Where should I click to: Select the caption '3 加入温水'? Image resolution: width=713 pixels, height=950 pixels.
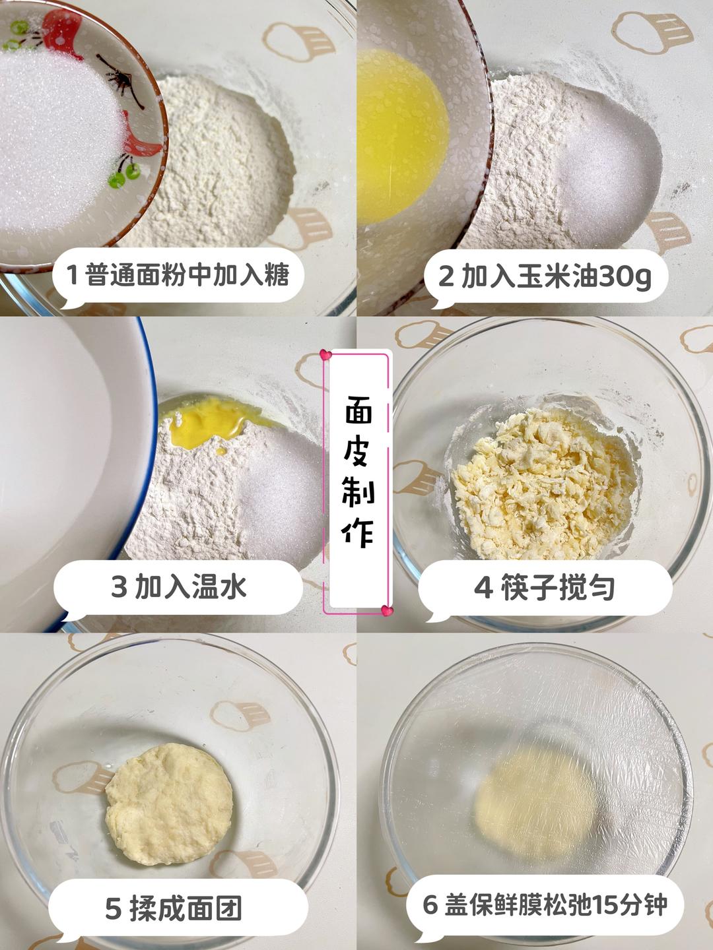pyautogui.click(x=178, y=586)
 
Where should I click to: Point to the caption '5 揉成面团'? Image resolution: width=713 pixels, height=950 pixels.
pyautogui.click(x=174, y=908)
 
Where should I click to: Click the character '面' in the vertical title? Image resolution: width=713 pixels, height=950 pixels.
pyautogui.click(x=358, y=413)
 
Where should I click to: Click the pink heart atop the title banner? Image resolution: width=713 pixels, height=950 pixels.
pyautogui.click(x=325, y=355)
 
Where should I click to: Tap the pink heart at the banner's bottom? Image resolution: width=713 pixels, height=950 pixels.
pyautogui.click(x=387, y=611)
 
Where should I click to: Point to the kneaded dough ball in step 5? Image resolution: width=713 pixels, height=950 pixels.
pyautogui.click(x=169, y=805)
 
